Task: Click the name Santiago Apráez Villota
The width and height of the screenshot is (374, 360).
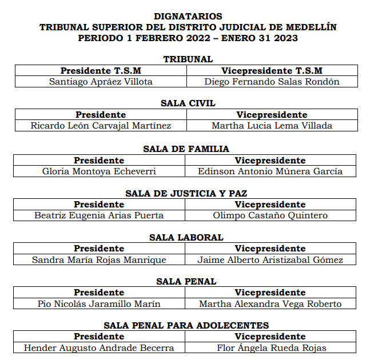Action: pos(101,82)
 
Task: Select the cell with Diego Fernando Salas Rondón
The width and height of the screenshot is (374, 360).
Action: pos(272,82)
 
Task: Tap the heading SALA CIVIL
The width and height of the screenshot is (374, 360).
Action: pos(188,103)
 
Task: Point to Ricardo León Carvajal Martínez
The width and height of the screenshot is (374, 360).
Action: pos(101,126)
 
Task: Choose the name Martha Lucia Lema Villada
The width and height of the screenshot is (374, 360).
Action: pos(272,126)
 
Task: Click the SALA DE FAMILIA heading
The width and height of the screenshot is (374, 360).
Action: pos(186,149)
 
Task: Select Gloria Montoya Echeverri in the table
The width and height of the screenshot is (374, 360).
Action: pos(99,171)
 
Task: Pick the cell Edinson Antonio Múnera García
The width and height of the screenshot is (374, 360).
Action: pos(270,171)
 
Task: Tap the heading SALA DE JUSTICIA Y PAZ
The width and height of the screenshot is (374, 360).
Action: pos(186,193)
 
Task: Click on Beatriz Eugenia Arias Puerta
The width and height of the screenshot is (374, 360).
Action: pos(99,215)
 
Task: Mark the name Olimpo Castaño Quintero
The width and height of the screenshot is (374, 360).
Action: pos(270,215)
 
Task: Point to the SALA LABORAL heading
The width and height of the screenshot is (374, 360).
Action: pos(186,237)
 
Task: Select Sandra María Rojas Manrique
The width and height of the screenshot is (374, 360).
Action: pos(99,260)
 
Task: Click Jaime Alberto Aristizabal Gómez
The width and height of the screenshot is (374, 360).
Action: pos(270,260)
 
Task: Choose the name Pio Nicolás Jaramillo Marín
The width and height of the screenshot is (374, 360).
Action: pos(99,304)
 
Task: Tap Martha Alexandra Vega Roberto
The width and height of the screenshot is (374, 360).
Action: pos(270,304)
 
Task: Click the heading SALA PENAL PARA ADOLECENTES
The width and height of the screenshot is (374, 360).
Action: pos(186,325)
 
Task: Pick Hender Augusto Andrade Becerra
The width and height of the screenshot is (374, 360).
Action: pos(99,348)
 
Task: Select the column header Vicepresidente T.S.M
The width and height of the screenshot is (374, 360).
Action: pos(272,71)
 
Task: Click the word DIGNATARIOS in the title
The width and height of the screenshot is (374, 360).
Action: pos(188,17)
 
